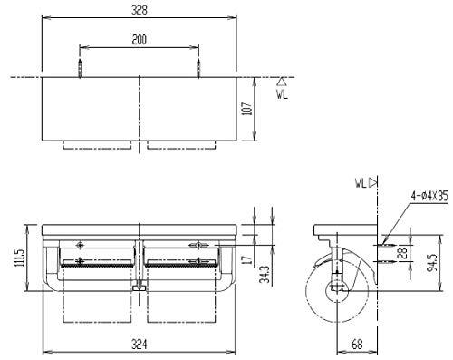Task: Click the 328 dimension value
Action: pyautogui.click(x=140, y=10)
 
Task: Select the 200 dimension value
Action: pyautogui.click(x=139, y=40)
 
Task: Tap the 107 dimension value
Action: pyautogui.click(x=247, y=109)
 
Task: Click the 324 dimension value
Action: pyautogui.click(x=140, y=344)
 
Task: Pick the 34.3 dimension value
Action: pyautogui.click(x=265, y=275)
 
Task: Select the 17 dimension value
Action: pyautogui.click(x=247, y=259)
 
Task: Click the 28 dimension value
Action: pyautogui.click(x=403, y=252)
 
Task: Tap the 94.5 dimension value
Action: pyautogui.click(x=433, y=263)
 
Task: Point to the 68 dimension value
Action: pyautogui.click(x=357, y=344)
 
